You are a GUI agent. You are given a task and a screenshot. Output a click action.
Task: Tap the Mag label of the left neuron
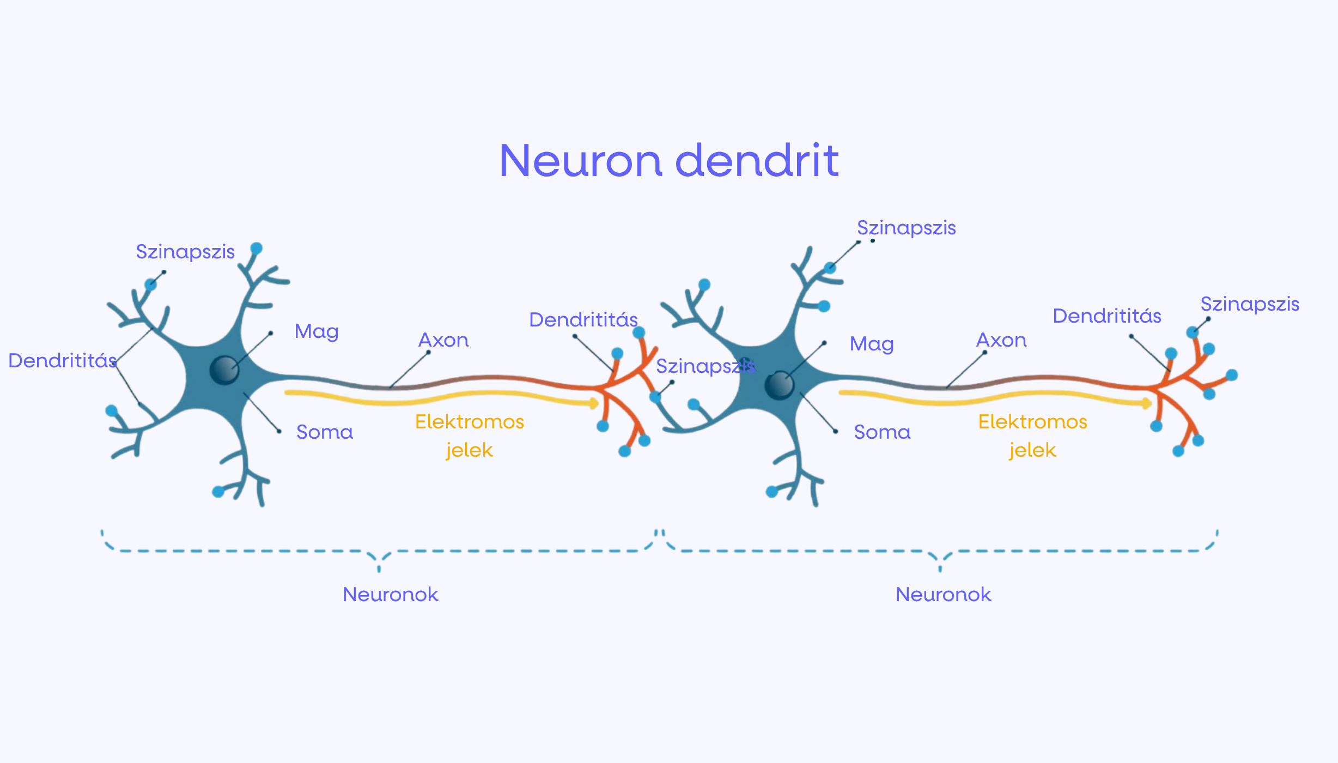[317, 332]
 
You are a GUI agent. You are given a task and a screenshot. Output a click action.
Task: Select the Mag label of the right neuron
[872, 344]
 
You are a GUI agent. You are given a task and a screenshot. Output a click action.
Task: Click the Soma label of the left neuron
[325, 432]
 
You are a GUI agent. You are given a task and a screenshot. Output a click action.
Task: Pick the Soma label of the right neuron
[882, 432]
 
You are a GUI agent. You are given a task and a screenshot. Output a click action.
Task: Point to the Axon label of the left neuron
[443, 340]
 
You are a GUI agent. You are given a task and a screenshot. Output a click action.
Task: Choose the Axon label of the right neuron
[1001, 340]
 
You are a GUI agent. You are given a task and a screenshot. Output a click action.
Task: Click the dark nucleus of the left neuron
[224, 370]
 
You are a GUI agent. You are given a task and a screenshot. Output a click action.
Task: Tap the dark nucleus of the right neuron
[779, 385]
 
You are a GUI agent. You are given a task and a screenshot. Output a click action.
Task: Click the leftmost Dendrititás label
[63, 361]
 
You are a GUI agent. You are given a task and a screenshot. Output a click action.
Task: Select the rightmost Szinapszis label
[1250, 304]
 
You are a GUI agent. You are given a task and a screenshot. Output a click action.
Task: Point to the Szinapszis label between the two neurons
[705, 366]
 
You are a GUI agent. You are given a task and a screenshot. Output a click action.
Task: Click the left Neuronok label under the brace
[390, 595]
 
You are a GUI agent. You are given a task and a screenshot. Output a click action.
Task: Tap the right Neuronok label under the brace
[943, 595]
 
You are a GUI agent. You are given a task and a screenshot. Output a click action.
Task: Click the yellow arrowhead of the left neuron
[594, 403]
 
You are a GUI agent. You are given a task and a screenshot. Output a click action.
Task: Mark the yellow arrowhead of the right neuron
[1147, 403]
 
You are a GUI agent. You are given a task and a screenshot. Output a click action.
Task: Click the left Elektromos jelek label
[470, 436]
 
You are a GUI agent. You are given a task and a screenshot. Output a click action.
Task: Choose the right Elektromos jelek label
[1032, 436]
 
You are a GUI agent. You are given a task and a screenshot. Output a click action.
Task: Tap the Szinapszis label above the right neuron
[906, 228]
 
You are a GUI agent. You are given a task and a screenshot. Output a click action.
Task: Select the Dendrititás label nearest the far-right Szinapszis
[1107, 316]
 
